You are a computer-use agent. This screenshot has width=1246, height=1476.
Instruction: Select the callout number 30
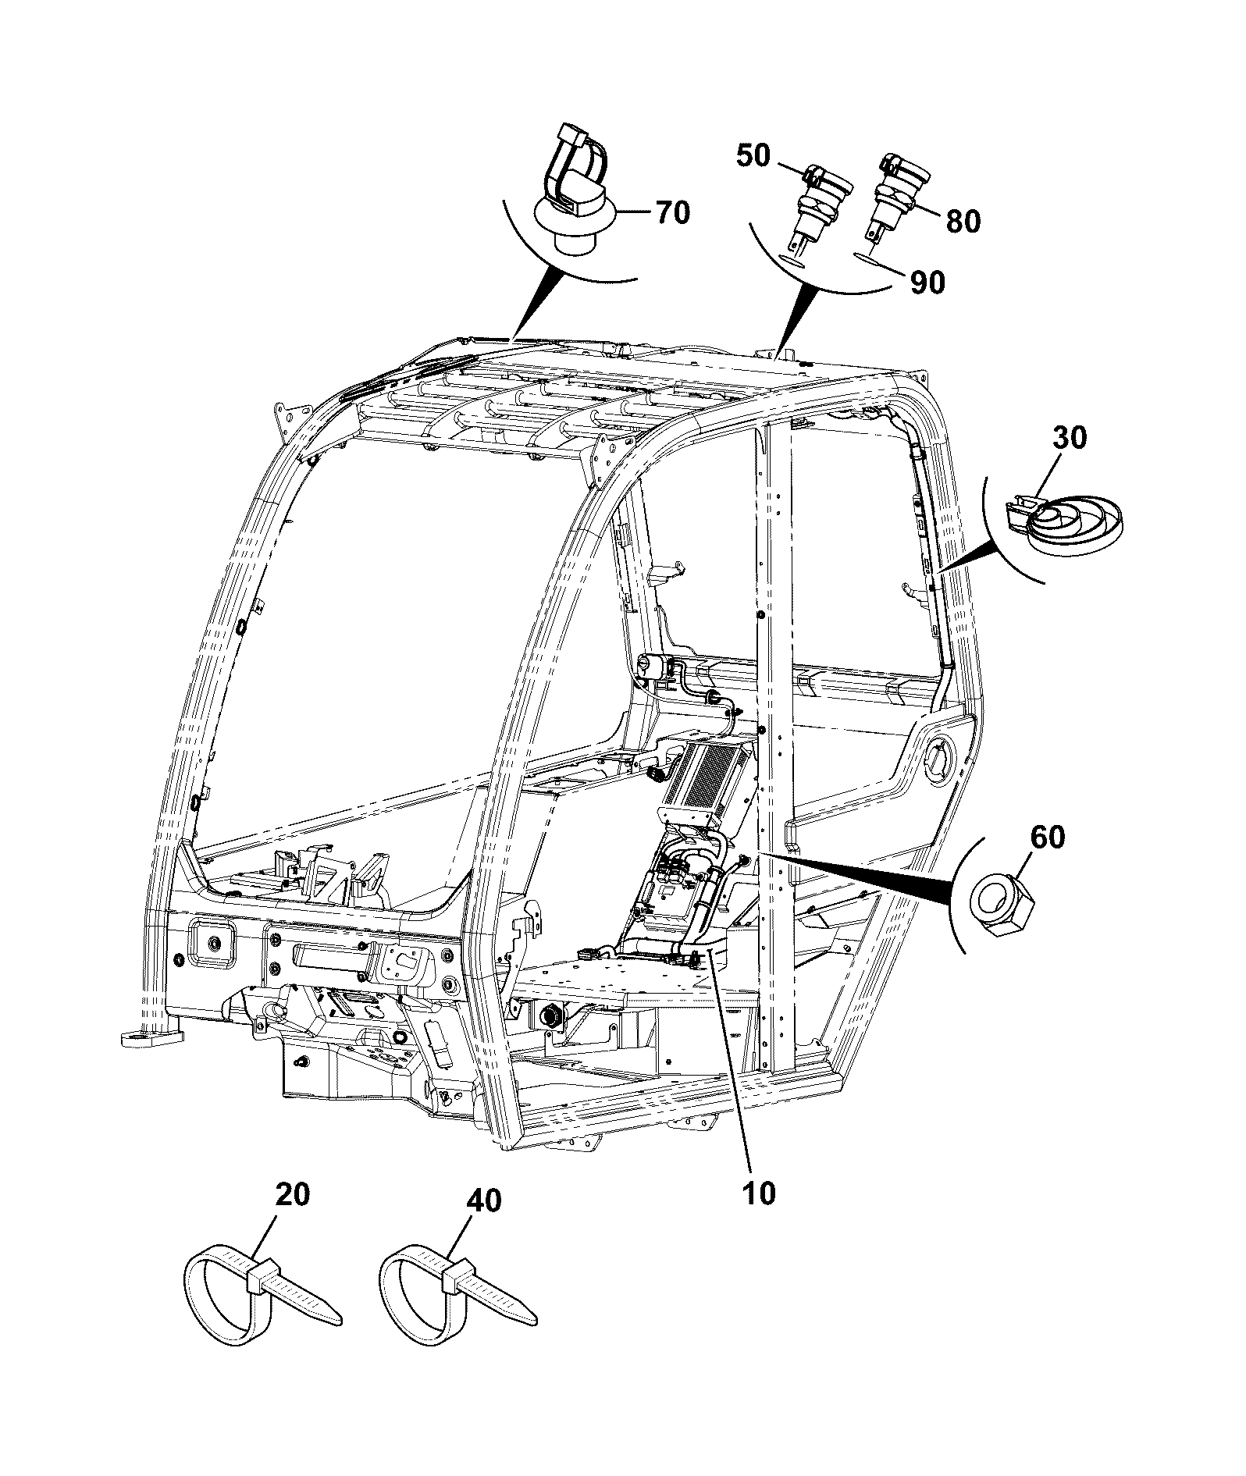coord(1070,439)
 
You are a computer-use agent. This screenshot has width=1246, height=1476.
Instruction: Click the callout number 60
coord(1048,838)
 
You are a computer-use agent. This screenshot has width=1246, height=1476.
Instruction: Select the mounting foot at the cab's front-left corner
coord(152,1037)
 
